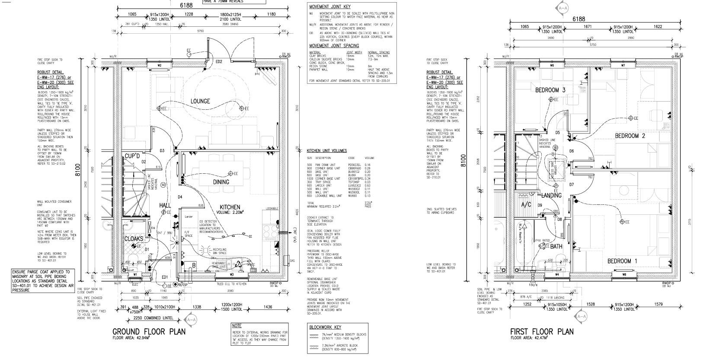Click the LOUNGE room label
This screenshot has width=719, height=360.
pos(200,101)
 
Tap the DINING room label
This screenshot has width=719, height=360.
pos(221,182)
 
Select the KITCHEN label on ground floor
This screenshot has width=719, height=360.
pos(230,207)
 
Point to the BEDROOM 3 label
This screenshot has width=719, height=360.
pos(550,90)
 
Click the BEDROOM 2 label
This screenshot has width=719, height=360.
pos(630,136)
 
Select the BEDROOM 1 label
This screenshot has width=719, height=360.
pos(622,261)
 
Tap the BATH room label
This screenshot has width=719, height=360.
pos(556,246)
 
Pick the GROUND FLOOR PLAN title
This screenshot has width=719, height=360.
pos(149,331)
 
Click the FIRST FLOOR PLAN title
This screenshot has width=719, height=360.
pos(542,331)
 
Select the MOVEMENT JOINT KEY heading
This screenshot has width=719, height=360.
pos(329,6)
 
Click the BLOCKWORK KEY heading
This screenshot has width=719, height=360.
pos(325,327)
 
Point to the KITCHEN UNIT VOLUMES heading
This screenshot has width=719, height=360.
pos(326,151)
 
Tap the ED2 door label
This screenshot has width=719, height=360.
pos(219,62)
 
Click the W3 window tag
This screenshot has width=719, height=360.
pos(232,274)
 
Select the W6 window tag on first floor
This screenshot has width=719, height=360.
pos(552,65)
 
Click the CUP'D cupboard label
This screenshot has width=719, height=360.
pos(133,156)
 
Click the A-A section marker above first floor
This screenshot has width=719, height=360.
pos(562,8)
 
